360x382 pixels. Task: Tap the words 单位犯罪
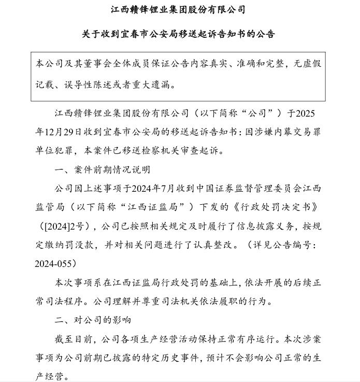[54, 151]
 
